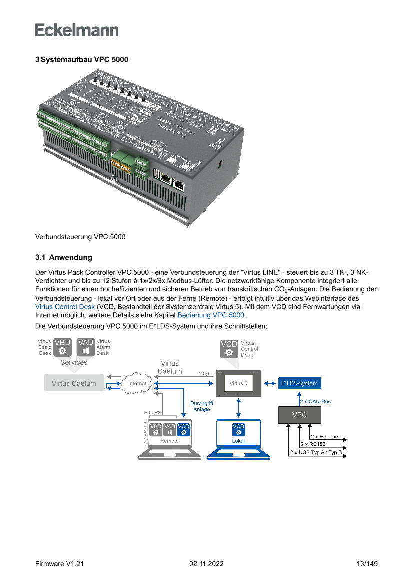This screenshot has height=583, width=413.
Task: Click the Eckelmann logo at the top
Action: click(77, 30)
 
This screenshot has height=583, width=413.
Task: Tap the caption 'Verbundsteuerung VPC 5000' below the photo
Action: click(80, 237)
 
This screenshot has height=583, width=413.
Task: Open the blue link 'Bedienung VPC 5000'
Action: click(210, 315)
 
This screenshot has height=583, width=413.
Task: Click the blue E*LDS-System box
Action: click(299, 383)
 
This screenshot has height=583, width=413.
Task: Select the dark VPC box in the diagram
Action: click(299, 415)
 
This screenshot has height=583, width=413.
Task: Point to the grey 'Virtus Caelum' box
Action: click(74, 383)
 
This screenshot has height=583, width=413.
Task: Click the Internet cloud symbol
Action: click(137, 383)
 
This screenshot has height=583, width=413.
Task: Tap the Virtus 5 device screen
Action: click(239, 383)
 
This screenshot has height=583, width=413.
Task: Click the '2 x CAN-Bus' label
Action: click(315, 401)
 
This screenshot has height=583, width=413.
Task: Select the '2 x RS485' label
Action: click(313, 444)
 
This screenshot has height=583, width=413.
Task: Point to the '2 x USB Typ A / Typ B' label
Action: click(316, 453)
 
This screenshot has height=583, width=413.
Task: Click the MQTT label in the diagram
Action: click(206, 373)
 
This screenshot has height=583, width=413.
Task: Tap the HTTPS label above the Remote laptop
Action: click(153, 413)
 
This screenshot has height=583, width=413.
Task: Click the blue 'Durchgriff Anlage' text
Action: click(202, 406)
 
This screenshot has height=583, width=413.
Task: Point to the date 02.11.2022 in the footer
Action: click(206, 564)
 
